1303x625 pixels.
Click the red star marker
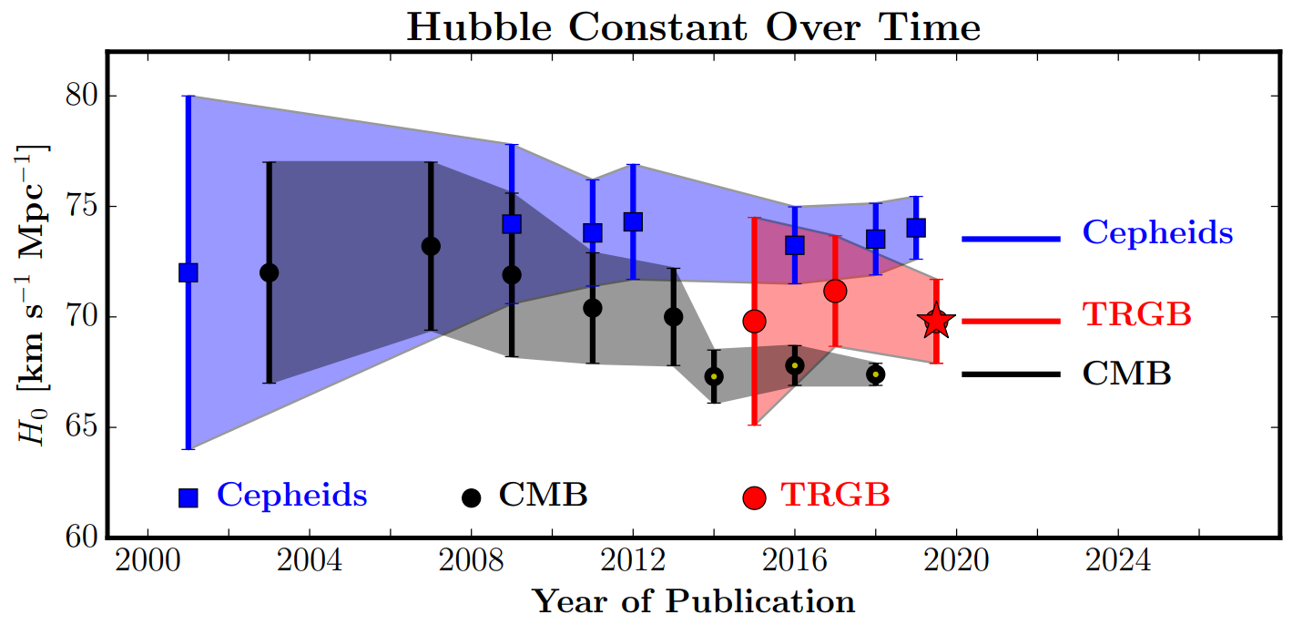936,320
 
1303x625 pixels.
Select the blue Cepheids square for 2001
188,272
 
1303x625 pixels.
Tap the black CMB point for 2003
269,272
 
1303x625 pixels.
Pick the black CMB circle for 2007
431,246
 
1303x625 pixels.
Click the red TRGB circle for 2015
755,322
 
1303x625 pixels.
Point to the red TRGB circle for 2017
835,291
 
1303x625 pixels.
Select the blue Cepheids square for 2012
633,221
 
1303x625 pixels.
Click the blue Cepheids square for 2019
916,228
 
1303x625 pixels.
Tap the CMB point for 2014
714,376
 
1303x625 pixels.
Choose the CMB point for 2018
875,374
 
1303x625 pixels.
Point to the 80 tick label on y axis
82,96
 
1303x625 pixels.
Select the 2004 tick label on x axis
310,561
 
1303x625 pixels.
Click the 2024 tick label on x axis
1118,561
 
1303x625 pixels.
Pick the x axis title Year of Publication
694,601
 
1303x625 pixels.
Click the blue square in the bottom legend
188,497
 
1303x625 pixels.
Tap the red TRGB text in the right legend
1137,314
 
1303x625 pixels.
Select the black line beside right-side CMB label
1011,374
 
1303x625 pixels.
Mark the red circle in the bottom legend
755,497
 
